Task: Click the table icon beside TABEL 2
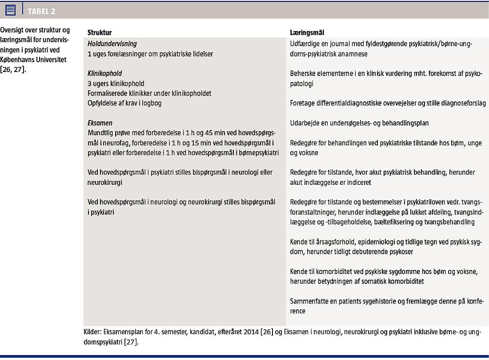11,10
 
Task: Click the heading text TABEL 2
44,11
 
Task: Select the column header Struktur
100,33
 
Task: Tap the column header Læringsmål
307,33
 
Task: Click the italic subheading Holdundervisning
112,44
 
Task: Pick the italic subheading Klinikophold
105,73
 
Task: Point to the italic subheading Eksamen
100,123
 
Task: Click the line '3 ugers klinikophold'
116,84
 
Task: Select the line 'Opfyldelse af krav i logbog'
124,103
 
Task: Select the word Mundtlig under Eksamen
101,133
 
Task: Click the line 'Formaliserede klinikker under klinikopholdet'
149,93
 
